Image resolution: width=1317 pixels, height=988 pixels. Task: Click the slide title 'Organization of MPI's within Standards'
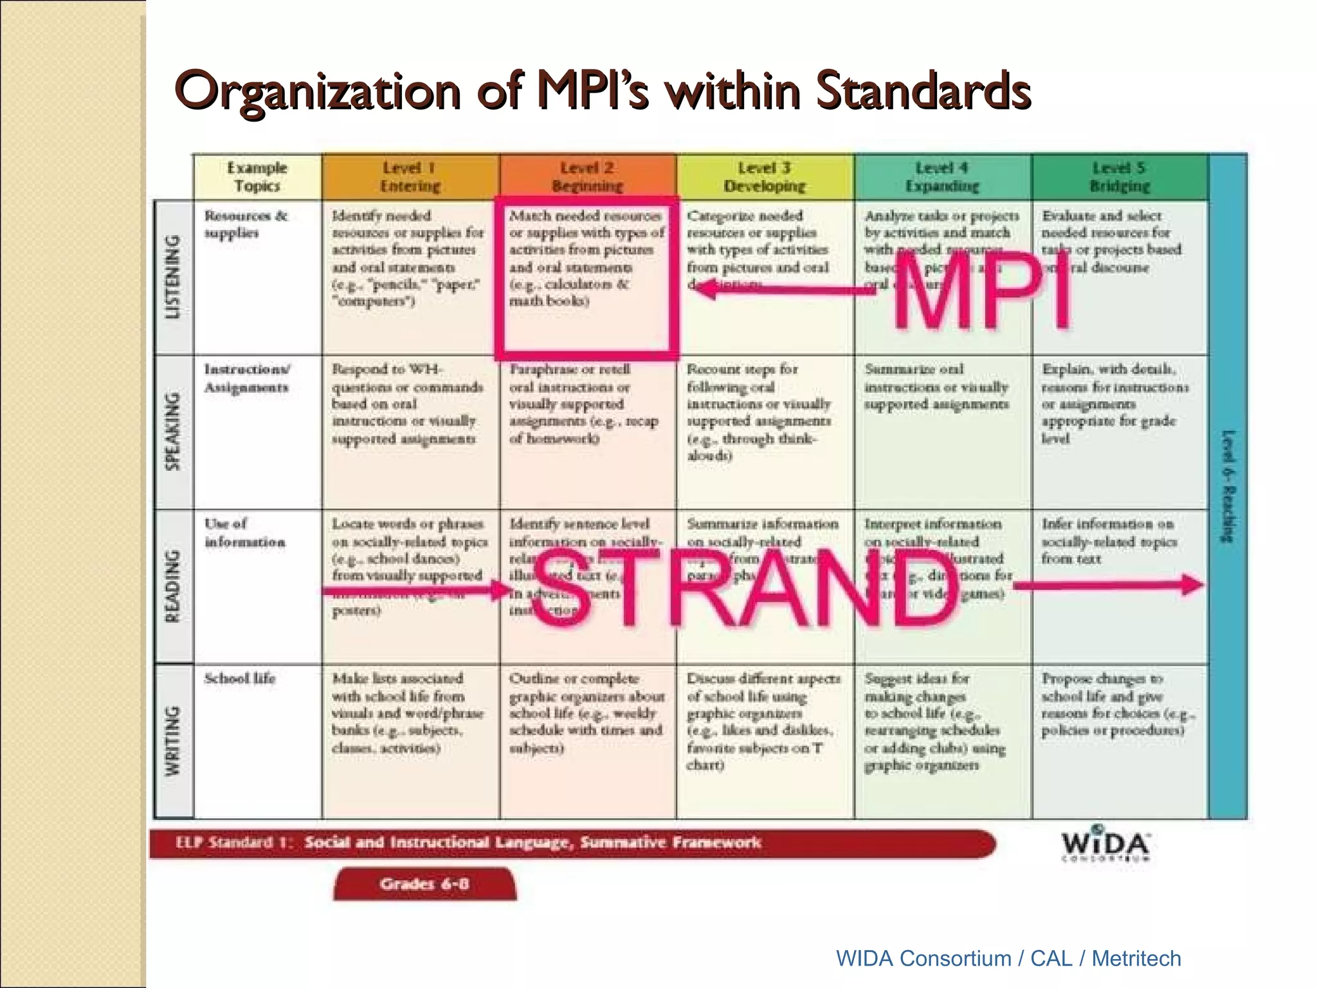(x=603, y=91)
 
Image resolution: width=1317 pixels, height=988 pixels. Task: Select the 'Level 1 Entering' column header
(x=410, y=177)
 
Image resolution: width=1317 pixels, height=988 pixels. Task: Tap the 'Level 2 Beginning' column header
(x=587, y=177)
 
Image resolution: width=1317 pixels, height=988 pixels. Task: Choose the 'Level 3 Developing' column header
(x=765, y=177)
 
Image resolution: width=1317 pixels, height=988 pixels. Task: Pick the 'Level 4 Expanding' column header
(x=942, y=177)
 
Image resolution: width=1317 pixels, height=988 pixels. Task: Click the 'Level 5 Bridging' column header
(x=1120, y=177)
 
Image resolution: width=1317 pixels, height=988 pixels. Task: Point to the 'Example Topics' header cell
(x=257, y=177)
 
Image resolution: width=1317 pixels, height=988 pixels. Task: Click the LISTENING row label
(x=174, y=277)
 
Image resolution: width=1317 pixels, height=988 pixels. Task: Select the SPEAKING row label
(x=174, y=431)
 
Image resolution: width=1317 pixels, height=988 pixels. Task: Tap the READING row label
(x=174, y=586)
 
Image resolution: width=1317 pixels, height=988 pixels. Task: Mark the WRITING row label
(x=174, y=741)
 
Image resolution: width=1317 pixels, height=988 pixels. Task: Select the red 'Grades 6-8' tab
(x=424, y=884)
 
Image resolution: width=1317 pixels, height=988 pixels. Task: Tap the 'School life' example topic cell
(x=240, y=679)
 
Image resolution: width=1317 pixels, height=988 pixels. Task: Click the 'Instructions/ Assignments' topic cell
(x=247, y=378)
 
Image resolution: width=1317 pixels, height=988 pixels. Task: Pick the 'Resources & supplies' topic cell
(x=246, y=224)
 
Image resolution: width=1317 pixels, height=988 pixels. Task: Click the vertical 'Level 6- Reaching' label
(x=1228, y=486)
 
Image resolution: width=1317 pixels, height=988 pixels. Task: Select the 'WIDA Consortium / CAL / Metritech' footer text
(x=1008, y=958)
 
